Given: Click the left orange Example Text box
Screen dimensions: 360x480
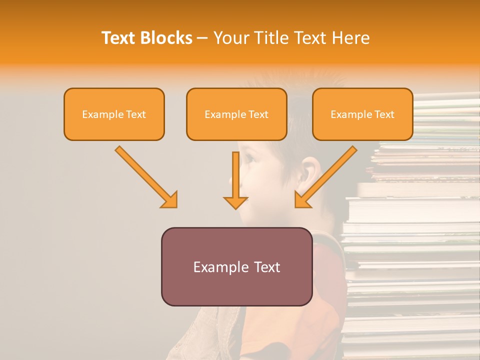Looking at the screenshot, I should (114, 114).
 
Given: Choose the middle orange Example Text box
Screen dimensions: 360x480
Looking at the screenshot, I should (236, 114).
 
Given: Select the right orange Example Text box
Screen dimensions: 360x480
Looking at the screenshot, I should (362, 114).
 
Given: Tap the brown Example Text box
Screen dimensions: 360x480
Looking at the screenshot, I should (236, 266).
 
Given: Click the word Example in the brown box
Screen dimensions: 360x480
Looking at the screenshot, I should (217, 267).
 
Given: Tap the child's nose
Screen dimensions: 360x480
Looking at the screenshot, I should (233, 177).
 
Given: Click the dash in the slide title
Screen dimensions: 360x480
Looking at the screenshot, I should (202, 38).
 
